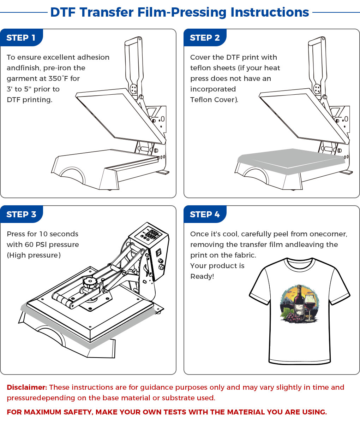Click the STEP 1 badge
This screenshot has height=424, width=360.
click(21, 38)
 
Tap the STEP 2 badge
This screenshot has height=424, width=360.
click(205, 38)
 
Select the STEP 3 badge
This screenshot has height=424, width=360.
click(21, 214)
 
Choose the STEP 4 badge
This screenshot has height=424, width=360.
click(205, 214)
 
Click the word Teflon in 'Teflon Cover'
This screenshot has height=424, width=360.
click(201, 100)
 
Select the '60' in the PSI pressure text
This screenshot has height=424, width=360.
click(29, 245)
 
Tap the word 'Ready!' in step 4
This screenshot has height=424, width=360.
click(202, 276)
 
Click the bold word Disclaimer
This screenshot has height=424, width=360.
click(27, 387)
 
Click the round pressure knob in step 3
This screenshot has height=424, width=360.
click(90, 283)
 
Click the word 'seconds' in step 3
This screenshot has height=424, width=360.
click(62, 234)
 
